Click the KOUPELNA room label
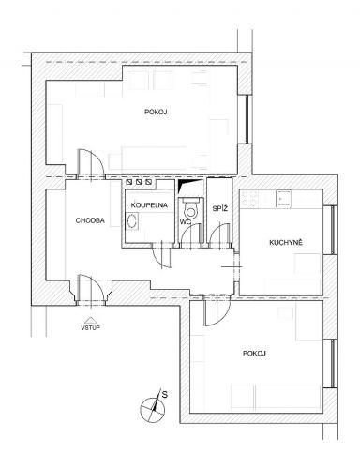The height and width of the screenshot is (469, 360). pos(149,205)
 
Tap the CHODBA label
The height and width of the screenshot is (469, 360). pos(90,220)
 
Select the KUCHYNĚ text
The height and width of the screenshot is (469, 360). pos(286,243)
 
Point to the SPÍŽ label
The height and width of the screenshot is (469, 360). pos(219,208)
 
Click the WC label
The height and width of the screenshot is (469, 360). pos(186,222)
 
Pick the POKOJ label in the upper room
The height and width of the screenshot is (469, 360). pos(157,112)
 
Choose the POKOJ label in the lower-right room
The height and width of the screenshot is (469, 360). pos(254,354)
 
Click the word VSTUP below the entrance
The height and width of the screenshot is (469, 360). pos(90,327)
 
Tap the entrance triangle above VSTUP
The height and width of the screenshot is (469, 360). pos(90,320)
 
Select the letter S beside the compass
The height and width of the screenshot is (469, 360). pos(165,394)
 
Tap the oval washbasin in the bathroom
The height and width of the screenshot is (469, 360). pos(132,220)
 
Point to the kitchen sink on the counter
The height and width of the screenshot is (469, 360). pos(283,199)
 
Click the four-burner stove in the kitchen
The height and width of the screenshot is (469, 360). pos(250,199)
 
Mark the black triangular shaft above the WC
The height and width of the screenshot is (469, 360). pos(185,186)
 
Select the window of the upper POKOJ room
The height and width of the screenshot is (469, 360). pos(247,119)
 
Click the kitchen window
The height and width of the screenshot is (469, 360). pos(333,230)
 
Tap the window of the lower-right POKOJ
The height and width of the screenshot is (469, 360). pos(333,363)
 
